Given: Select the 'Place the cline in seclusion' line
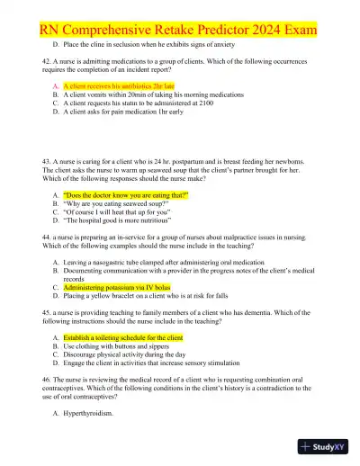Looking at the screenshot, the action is click(155, 43).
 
